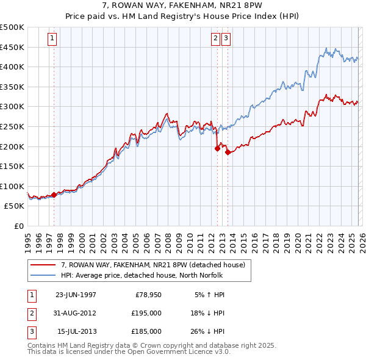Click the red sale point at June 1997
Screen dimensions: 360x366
(x=54, y=195)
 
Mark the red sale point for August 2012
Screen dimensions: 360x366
(x=217, y=148)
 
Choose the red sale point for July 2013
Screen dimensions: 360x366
(x=227, y=153)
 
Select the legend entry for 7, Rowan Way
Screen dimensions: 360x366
(x=153, y=265)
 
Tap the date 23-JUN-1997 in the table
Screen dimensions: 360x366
(x=76, y=295)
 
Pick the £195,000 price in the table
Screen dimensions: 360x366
(x=148, y=313)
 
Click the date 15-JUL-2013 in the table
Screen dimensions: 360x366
(x=76, y=331)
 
